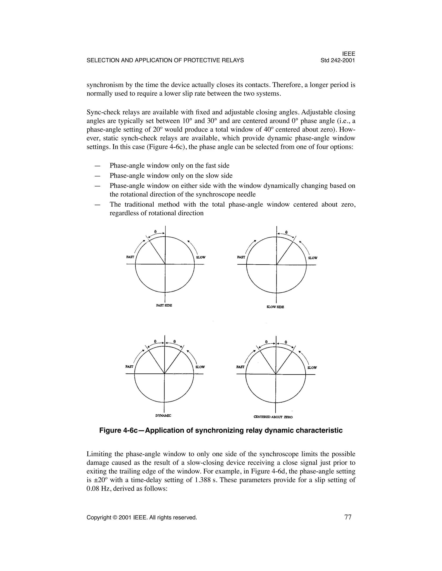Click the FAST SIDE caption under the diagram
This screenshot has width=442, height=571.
tap(164, 305)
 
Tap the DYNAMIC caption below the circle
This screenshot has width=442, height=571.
tap(163, 415)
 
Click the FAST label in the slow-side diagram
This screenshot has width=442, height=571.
tap(241, 257)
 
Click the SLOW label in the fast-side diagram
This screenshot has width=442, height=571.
tap(201, 257)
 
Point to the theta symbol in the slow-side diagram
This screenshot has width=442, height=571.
tap(286, 232)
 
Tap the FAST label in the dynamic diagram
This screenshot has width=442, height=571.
tap(129, 367)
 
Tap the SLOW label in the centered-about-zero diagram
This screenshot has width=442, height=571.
tap(312, 368)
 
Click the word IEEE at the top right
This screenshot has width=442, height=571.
tap(349, 54)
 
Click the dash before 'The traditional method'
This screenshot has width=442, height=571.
tap(97, 205)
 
